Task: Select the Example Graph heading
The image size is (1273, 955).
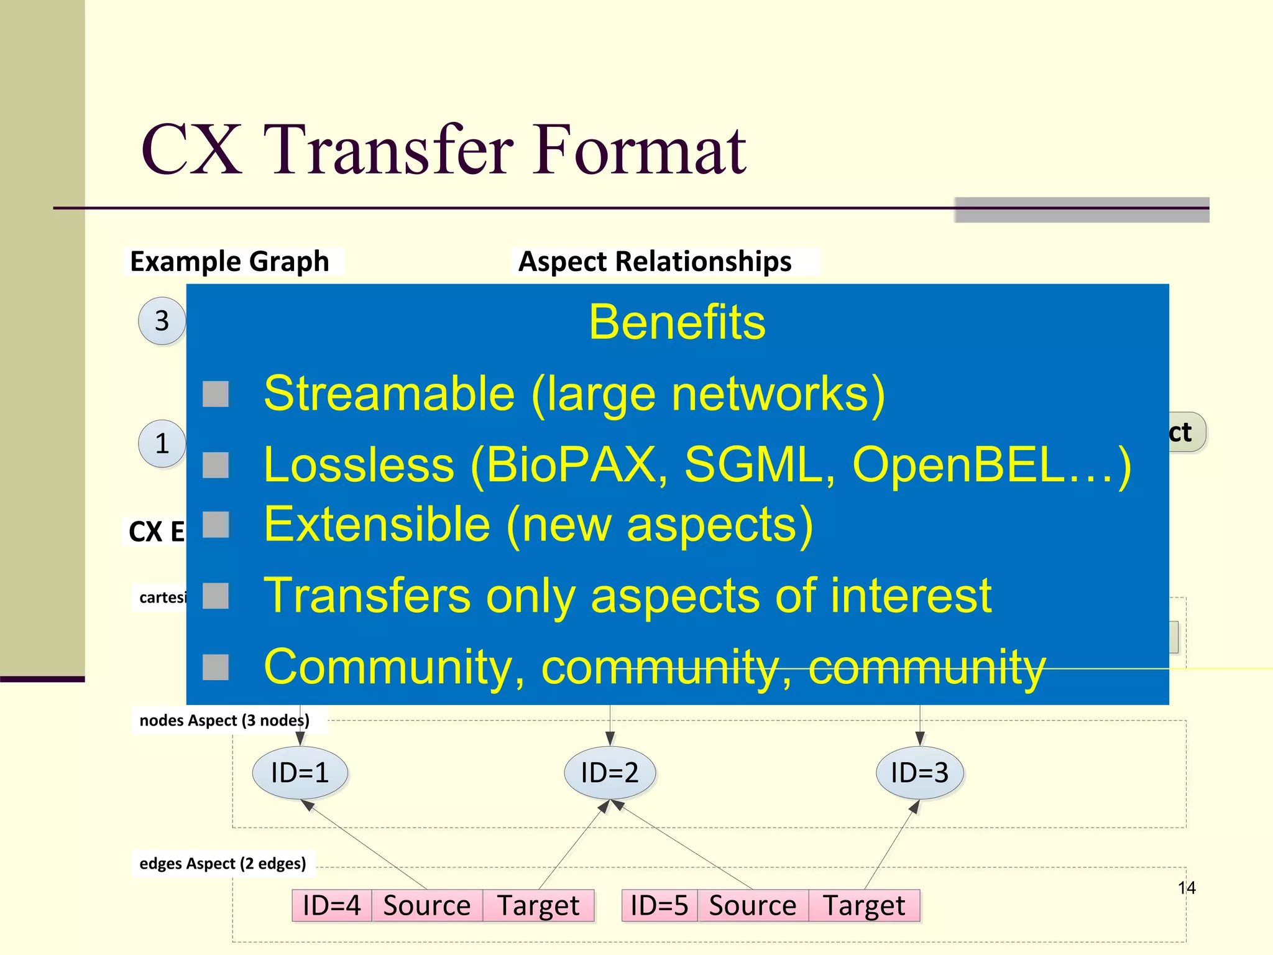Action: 229,261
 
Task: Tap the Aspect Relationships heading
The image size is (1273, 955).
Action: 655,261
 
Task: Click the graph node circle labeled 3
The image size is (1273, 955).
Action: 162,321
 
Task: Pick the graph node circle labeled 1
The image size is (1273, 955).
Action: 162,443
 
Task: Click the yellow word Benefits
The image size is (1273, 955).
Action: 677,322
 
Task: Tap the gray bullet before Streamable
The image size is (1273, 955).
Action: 216,394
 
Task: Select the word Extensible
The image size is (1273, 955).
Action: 377,524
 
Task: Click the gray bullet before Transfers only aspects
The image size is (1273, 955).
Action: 216,596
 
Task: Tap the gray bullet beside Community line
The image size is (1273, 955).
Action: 216,667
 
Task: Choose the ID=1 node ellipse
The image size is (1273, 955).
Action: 300,773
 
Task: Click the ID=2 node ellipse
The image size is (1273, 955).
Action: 610,773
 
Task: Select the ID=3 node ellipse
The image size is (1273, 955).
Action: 919,773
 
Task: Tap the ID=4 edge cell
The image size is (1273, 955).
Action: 332,905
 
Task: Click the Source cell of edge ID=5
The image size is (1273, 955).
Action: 752,905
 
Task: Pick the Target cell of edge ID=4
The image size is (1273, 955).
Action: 538,905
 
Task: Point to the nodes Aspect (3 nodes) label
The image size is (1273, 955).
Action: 224,721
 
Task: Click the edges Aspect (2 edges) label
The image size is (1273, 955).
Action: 223,864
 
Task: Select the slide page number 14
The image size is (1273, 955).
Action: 1186,888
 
